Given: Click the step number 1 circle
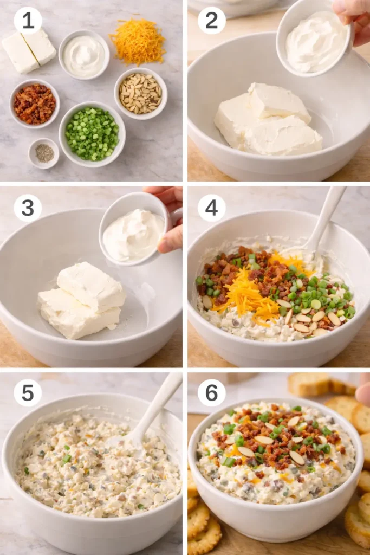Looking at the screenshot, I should [x=28, y=21].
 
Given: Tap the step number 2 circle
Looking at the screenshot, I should [x=211, y=21].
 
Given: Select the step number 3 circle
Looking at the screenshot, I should [x=28, y=208].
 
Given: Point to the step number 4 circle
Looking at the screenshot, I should [x=211, y=208].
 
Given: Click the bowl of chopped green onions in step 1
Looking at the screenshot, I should [x=92, y=133].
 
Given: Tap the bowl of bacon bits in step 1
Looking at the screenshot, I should [x=35, y=104].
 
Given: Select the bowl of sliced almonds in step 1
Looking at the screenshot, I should [x=140, y=93].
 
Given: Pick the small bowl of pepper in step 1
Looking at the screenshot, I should [x=44, y=153].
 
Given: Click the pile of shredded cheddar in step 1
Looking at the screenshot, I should [x=138, y=41].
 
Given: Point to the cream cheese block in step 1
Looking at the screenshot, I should [x=29, y=51].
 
